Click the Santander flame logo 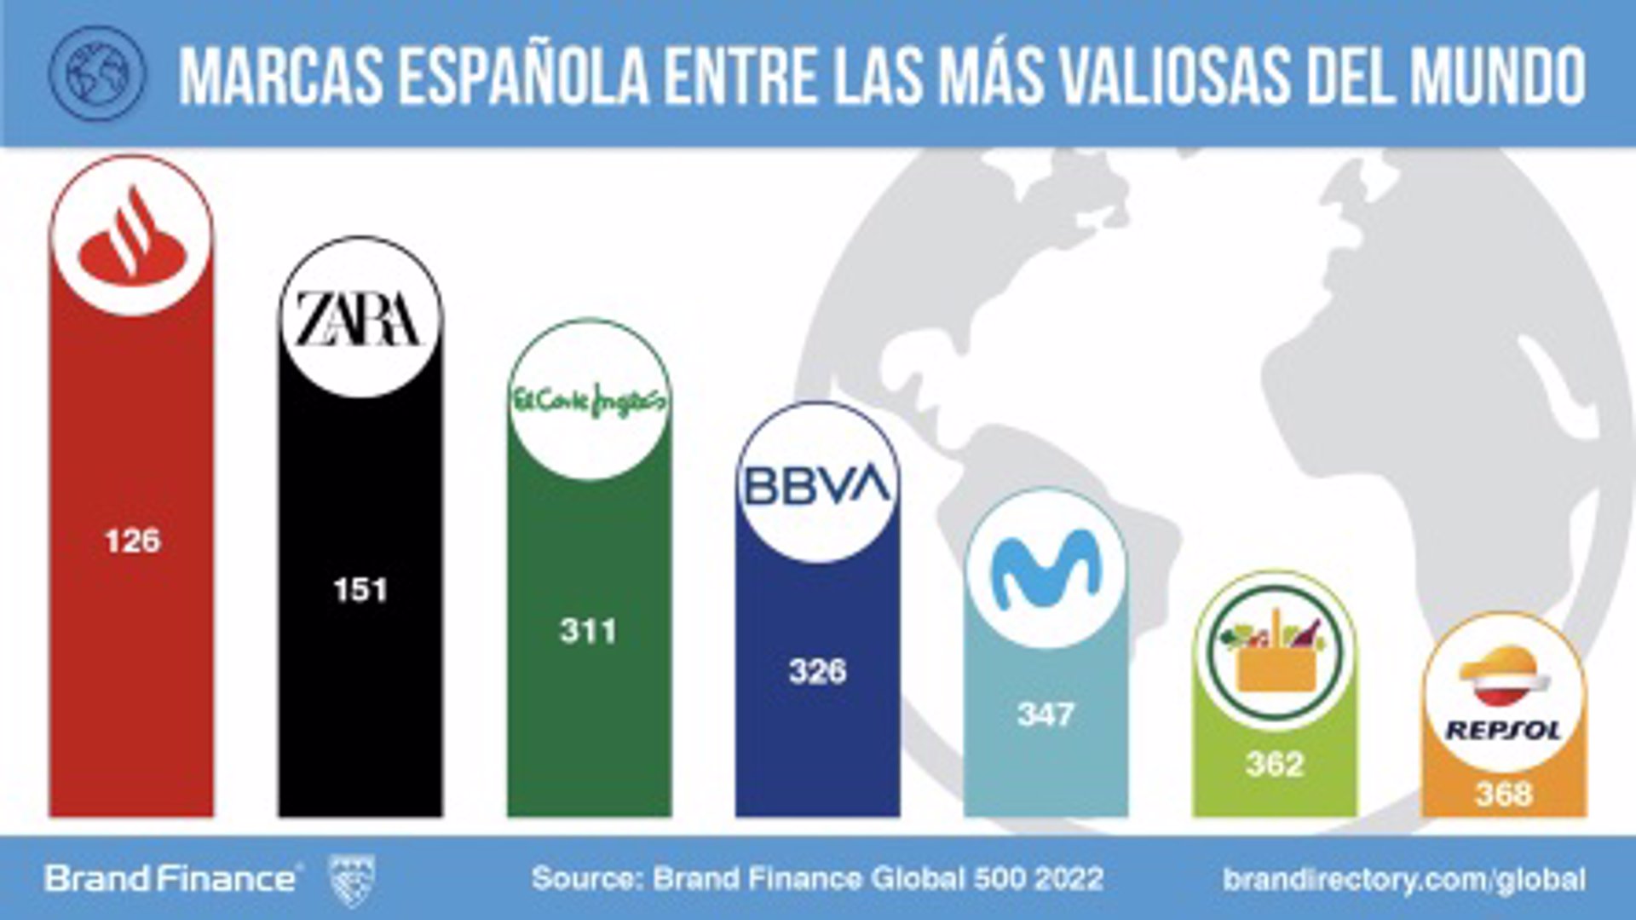click(x=131, y=237)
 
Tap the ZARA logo click(x=360, y=318)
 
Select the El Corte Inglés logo click(x=589, y=400)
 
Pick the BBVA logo click(x=817, y=483)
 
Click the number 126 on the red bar click(x=132, y=541)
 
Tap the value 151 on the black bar click(x=360, y=589)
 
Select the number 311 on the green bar click(x=588, y=631)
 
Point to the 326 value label click(x=817, y=672)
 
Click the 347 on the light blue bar click(x=1046, y=714)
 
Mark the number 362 click(x=1275, y=763)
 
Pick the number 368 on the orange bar click(x=1504, y=795)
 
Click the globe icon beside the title click(x=97, y=72)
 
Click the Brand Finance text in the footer click(x=170, y=879)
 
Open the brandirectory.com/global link click(x=1404, y=879)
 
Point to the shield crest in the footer click(x=351, y=879)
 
